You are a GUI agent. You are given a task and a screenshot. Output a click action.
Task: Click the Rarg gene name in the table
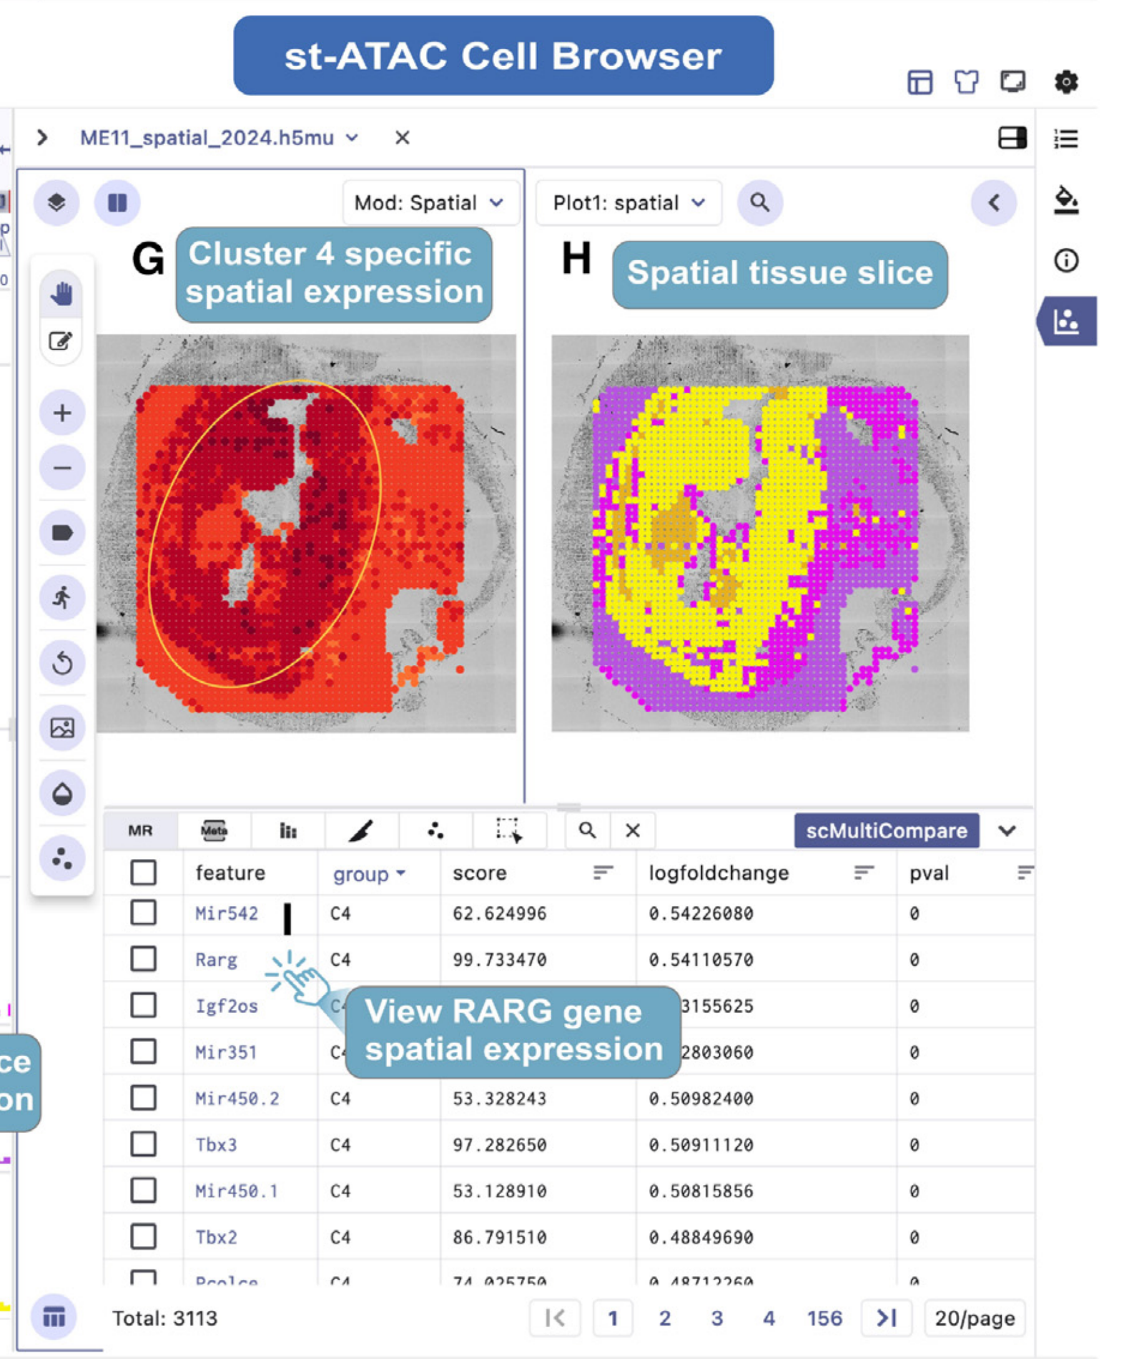tap(216, 959)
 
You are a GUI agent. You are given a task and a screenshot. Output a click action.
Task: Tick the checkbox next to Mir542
tap(143, 913)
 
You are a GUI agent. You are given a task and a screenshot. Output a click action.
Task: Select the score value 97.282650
tap(499, 1145)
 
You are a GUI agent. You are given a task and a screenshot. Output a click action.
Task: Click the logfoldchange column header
tap(719, 873)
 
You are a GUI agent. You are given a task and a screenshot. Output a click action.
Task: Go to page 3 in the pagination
tap(716, 1318)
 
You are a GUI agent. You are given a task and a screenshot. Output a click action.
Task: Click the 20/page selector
tap(974, 1318)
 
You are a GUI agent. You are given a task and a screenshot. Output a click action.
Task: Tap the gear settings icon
tap(1066, 82)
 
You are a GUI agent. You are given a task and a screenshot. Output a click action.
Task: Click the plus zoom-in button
tap(62, 413)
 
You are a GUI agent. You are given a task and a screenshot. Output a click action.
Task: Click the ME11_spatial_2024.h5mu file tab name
tap(207, 138)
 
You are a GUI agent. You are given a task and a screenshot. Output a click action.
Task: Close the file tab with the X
tap(402, 138)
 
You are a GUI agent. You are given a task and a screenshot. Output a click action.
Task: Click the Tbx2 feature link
tap(216, 1237)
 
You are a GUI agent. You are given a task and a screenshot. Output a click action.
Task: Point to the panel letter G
tap(147, 260)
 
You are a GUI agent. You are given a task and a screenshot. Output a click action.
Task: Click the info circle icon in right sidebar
tap(1066, 261)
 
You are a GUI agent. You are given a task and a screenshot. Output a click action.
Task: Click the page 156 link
tap(824, 1318)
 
